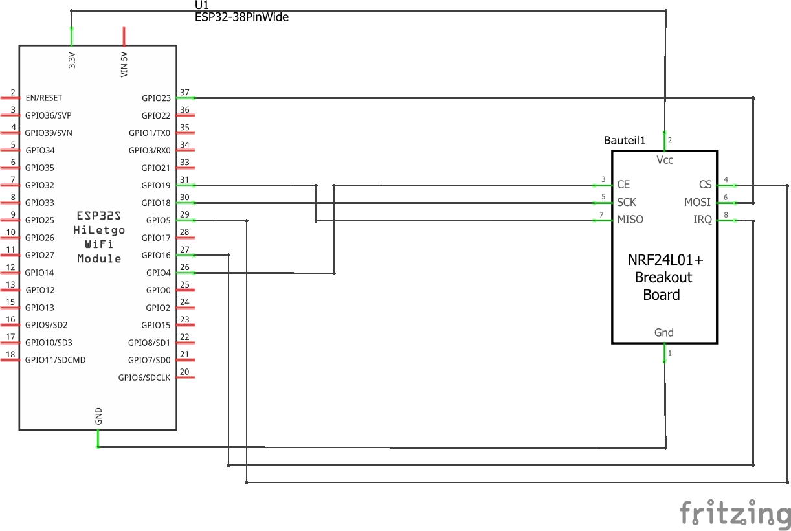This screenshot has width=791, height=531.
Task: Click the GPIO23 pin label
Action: pos(156,98)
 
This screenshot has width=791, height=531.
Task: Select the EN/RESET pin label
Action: pos(43,98)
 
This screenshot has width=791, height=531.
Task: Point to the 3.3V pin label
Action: pos(72,60)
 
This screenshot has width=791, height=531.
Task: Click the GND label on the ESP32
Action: pos(98,416)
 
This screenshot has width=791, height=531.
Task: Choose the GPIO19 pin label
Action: pos(156,186)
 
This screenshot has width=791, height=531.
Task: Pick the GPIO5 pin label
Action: pos(159,221)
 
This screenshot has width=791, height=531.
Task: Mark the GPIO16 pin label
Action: pos(156,256)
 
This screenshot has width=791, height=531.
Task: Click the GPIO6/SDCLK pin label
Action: pos(144,378)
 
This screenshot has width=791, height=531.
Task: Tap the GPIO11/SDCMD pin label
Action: pos(55,360)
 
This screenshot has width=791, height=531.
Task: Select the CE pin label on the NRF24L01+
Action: pos(623,185)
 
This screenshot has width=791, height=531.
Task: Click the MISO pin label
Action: pos(630,220)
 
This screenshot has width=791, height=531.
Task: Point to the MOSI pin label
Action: pos(697,203)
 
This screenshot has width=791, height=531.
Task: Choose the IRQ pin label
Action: pos(702,220)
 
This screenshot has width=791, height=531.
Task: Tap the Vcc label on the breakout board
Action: pos(665,160)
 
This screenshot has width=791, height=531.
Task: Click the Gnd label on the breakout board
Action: pos(664,333)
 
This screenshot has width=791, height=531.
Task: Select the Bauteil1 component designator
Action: pos(625,141)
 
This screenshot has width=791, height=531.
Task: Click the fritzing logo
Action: pos(735,514)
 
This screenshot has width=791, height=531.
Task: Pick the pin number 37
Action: pos(184,93)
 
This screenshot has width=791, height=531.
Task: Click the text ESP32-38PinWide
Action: pos(241,17)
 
